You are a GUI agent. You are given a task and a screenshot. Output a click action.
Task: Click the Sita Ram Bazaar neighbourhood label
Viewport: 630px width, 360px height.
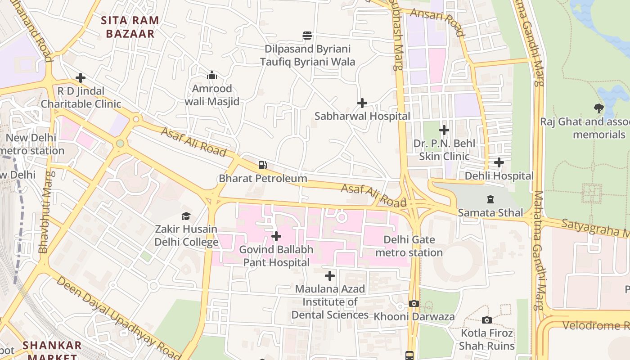[130, 27]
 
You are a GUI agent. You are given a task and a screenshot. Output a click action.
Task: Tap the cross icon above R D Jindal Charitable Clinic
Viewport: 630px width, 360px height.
[81, 78]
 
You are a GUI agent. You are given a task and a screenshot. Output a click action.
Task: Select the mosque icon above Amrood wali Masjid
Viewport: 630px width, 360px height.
[211, 75]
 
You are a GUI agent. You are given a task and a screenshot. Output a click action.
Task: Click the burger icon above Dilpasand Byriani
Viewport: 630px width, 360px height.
[307, 36]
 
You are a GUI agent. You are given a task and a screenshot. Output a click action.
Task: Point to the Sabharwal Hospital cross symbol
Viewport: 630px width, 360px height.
[362, 103]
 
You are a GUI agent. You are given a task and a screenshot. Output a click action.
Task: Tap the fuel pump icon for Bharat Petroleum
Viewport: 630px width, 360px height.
[263, 165]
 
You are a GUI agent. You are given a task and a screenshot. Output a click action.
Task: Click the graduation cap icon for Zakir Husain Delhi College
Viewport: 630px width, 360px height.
[186, 216]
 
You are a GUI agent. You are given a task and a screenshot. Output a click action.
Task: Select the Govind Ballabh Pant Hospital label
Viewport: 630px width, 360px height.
[276, 256]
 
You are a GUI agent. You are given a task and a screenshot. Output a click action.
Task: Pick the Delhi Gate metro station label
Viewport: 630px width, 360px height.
[409, 246]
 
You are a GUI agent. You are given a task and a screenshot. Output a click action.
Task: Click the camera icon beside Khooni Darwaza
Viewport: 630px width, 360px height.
[414, 303]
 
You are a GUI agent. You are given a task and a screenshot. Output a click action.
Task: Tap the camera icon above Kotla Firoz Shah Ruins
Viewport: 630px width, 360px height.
[486, 320]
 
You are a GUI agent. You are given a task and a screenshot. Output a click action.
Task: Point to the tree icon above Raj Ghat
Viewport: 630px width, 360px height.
[598, 108]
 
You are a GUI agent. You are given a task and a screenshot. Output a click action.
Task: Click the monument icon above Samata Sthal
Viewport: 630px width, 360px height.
[490, 199]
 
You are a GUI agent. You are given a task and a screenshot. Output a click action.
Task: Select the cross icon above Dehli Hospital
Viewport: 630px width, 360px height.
[499, 162]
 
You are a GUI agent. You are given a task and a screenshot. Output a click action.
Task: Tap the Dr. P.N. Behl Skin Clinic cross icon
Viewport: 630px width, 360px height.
[444, 130]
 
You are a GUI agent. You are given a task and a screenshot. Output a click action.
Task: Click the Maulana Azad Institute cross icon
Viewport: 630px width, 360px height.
[330, 275]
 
